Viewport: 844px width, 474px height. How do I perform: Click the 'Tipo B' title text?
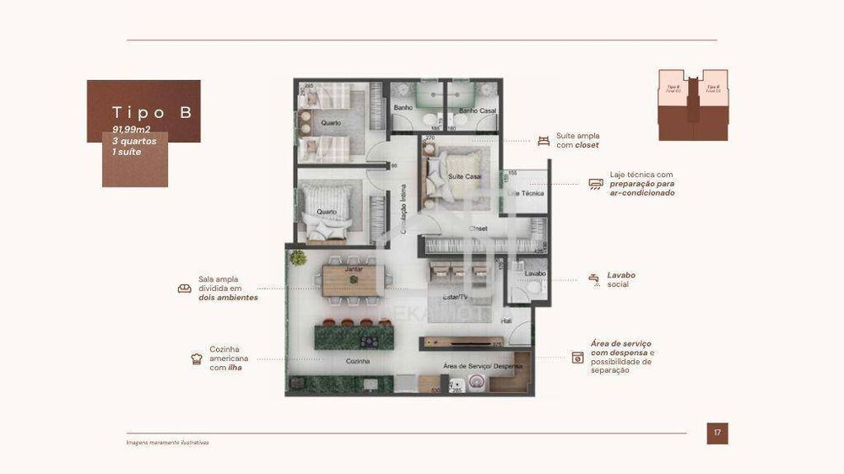152,113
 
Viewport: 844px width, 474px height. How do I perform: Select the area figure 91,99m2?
132,130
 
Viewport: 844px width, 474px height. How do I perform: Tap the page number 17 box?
717,434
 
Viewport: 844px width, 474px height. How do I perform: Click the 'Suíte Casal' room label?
465,176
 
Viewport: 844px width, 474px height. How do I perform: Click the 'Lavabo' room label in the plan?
535,274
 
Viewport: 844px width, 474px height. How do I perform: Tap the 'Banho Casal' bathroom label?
474,110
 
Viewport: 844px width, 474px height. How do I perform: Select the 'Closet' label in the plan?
479,229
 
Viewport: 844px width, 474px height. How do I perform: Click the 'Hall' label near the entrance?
506,320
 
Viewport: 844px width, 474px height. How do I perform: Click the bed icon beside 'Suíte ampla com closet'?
544,140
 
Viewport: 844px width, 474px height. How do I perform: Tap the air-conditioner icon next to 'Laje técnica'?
596,185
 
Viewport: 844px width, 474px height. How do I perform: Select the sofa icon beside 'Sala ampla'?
185,288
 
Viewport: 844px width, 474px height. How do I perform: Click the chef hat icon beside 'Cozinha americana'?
197,358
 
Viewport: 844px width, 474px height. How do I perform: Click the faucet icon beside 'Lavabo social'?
594,279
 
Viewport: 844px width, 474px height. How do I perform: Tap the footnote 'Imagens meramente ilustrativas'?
167,442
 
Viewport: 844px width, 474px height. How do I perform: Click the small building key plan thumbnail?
692,105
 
